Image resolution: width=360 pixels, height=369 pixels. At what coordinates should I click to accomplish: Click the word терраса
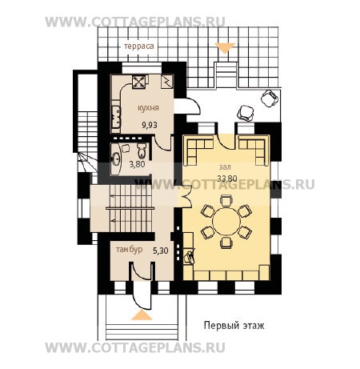point(139,46)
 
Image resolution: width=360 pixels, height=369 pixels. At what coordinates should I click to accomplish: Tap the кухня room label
point(148,108)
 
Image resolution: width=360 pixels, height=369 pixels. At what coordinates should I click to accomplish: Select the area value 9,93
point(150,125)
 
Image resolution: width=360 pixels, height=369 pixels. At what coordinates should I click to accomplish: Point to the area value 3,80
point(137,164)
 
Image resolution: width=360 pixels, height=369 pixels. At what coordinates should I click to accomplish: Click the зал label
point(225,167)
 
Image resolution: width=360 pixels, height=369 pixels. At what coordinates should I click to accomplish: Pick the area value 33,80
point(227,178)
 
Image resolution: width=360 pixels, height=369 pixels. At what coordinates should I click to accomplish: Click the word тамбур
point(130,250)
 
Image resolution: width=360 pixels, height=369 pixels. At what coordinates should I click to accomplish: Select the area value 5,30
point(161,251)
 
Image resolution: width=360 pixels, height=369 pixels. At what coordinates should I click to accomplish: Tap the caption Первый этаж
point(234,326)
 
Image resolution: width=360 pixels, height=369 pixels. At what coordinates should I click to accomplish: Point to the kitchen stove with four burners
point(140,81)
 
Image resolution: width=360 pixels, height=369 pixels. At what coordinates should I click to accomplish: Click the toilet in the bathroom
point(142,150)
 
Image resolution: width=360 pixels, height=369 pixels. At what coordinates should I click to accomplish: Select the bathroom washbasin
point(116,159)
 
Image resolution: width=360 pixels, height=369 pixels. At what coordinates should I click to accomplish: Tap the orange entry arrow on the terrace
point(225,47)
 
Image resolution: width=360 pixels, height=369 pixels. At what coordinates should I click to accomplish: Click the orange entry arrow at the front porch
point(142,315)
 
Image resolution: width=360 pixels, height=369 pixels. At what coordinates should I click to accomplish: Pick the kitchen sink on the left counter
point(116,117)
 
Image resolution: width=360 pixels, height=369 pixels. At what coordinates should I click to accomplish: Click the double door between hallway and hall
point(186,197)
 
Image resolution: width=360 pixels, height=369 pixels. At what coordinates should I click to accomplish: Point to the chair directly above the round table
point(226,200)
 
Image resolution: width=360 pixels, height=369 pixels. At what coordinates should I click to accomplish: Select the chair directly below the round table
point(226,243)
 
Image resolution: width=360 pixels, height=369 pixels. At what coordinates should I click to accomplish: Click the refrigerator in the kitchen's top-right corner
point(167,82)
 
